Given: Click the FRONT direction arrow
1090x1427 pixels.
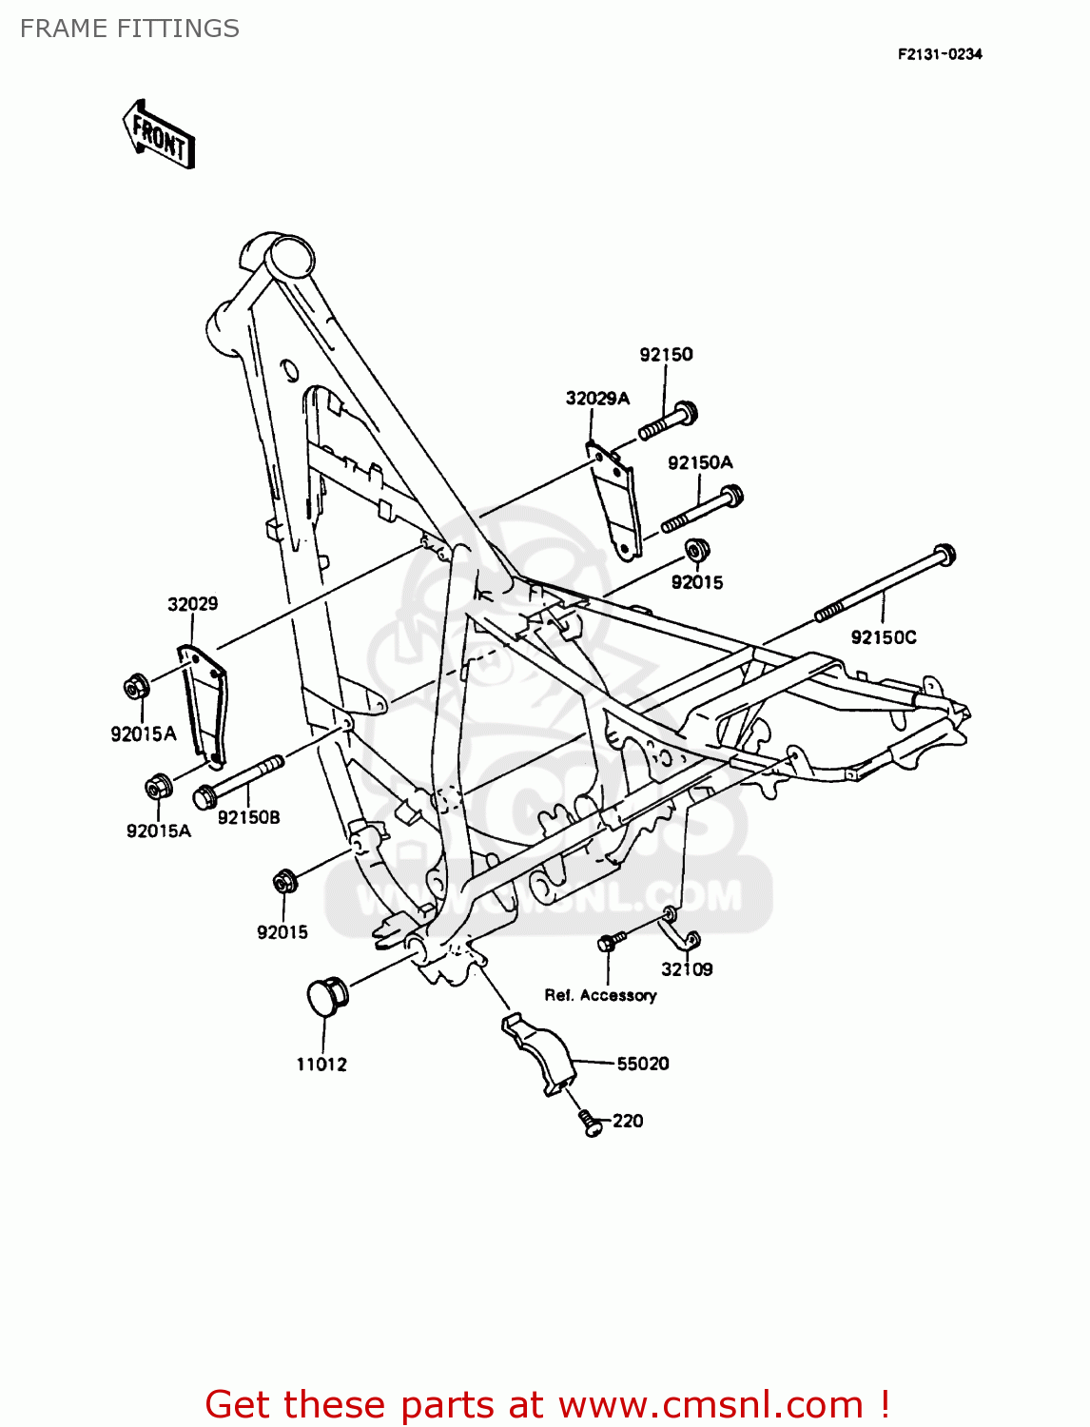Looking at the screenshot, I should [159, 135].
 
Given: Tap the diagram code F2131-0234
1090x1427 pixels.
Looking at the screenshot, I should [939, 54].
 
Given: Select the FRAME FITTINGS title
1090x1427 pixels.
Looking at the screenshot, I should [129, 29].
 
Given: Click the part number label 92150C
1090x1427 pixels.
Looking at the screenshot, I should [884, 637].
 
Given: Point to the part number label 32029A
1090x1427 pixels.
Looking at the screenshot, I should [597, 399].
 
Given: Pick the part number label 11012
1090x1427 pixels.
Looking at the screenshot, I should [321, 1065].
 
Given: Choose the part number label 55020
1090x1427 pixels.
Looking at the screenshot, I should [643, 1064].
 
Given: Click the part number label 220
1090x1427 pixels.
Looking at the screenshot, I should [628, 1121].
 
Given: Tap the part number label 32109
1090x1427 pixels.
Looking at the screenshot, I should [687, 969].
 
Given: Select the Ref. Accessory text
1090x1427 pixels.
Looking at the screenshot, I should [600, 995].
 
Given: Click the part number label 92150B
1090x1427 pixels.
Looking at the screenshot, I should [249, 817].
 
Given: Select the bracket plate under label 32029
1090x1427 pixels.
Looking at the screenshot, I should [204, 702].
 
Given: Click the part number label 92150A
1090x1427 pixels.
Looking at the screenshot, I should [700, 463].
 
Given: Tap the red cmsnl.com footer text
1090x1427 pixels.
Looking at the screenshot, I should [547, 1404].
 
